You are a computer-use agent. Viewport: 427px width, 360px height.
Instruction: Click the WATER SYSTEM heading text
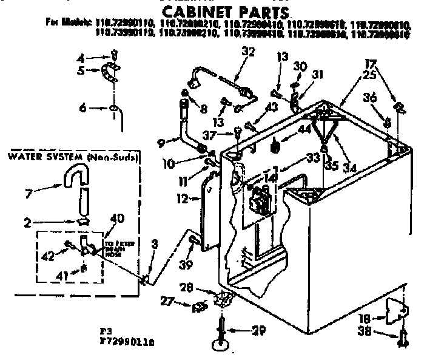click(42, 157)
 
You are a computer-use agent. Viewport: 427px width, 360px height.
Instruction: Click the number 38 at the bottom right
click(363, 333)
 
